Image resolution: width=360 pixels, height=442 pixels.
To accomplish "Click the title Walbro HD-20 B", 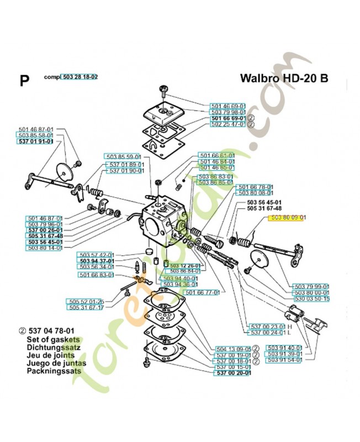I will [284, 77].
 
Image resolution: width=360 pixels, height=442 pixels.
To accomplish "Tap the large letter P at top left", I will [24, 81].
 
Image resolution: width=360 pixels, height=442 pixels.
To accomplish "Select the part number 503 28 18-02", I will [80, 77].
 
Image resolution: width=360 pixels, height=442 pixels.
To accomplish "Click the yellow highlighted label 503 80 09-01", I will [288, 219].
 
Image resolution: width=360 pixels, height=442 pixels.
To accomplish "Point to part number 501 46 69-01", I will [228, 106].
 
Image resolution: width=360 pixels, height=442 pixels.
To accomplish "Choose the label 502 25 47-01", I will [228, 125].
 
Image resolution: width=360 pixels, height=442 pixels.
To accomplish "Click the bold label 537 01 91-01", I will [36, 141].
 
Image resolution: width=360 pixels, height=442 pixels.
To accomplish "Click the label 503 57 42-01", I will [96, 255].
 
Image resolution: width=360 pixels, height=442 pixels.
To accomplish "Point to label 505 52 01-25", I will [86, 301].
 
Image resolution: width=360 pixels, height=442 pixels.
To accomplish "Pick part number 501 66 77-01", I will [203, 292].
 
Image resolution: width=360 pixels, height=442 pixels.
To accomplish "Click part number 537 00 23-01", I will [267, 327].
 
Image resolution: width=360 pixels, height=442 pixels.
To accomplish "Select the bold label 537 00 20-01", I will [232, 373].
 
